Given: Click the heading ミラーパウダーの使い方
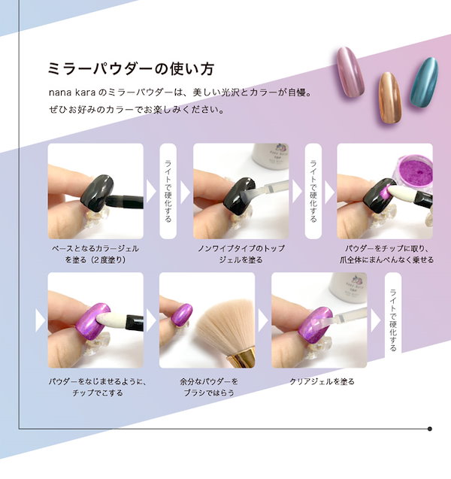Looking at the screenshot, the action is [x=131, y=68].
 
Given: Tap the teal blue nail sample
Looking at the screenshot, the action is [x=424, y=82].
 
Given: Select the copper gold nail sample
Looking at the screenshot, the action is [x=389, y=98].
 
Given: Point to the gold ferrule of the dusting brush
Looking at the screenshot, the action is [x=241, y=359].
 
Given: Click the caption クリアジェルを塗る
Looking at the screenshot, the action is [x=322, y=381].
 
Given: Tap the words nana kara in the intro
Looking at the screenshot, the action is [x=72, y=92].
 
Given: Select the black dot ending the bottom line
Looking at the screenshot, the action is [x=430, y=429].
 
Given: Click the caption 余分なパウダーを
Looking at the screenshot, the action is [x=209, y=381].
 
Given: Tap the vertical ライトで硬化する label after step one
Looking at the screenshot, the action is [x=168, y=191].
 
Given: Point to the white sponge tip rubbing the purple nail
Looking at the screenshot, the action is [x=111, y=320].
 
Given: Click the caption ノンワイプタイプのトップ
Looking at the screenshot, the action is [x=241, y=248].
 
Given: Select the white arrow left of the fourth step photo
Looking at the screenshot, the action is [x=40, y=320].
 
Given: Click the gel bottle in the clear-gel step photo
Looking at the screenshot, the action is [x=348, y=286].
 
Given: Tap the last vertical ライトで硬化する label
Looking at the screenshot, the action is [x=393, y=320].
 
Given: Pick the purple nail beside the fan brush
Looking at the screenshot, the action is [x=182, y=314].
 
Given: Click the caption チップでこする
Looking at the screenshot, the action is [x=98, y=393].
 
